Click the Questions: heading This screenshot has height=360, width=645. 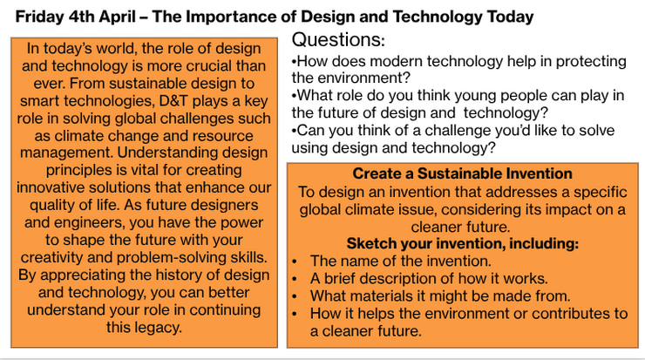click(x=338, y=40)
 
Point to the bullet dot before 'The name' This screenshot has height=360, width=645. click(x=295, y=262)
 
